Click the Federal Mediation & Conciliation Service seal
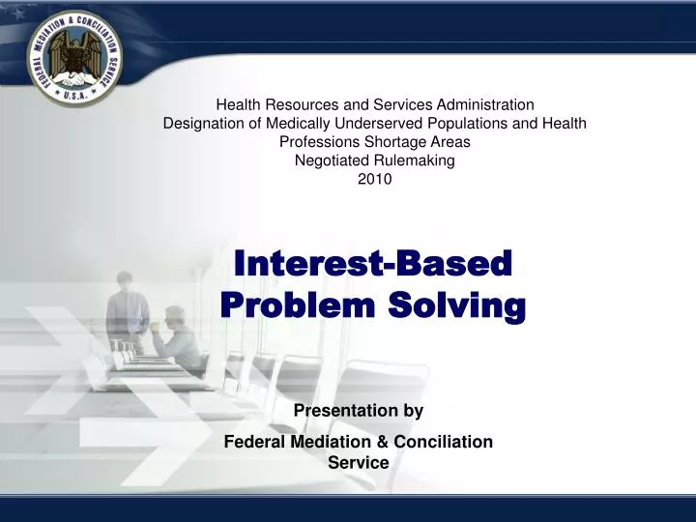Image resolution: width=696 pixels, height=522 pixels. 74,58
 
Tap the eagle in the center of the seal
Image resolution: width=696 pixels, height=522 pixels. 74,57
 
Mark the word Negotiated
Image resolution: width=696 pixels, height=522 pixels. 330,160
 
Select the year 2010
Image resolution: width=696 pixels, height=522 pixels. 374,179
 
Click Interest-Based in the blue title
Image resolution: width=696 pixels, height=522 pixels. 373,263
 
